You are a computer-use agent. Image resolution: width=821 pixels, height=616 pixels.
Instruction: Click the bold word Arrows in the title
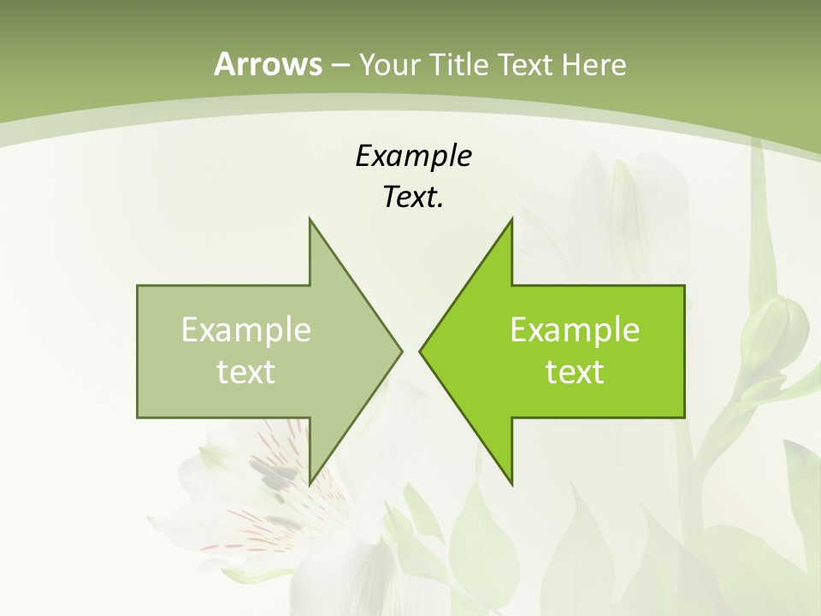[268, 64]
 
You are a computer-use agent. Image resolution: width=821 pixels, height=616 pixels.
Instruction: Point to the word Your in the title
[389, 64]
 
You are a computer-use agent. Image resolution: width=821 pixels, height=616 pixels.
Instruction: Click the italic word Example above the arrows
[413, 157]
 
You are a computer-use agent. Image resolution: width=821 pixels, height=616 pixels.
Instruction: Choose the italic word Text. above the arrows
[413, 197]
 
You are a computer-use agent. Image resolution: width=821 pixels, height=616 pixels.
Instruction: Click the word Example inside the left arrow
[246, 329]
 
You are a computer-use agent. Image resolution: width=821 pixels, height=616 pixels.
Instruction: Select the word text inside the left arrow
[246, 371]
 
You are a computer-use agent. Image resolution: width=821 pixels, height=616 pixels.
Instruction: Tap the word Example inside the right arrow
[575, 329]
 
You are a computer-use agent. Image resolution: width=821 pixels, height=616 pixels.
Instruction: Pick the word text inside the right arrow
[575, 371]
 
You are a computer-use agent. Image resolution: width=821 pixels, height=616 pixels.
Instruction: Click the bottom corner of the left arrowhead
[310, 483]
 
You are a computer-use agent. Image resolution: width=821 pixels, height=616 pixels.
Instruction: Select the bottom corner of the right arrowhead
[511, 483]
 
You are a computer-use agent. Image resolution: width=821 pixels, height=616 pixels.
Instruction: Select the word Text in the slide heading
[527, 64]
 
